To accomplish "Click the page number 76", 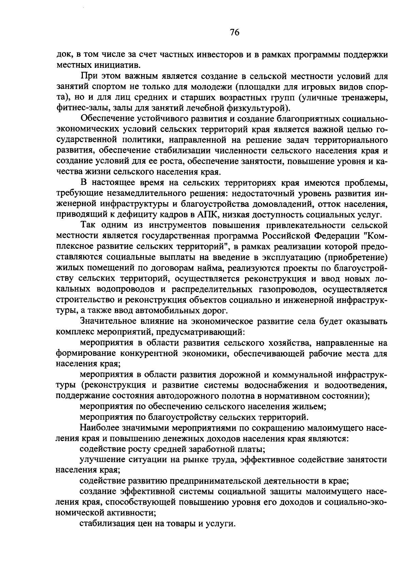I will (x=235, y=32).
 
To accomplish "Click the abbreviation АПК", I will (x=206, y=215).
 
